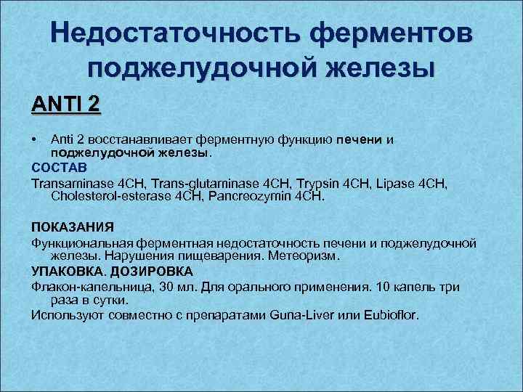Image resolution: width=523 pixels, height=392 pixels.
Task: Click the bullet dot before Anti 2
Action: coord(34,139)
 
